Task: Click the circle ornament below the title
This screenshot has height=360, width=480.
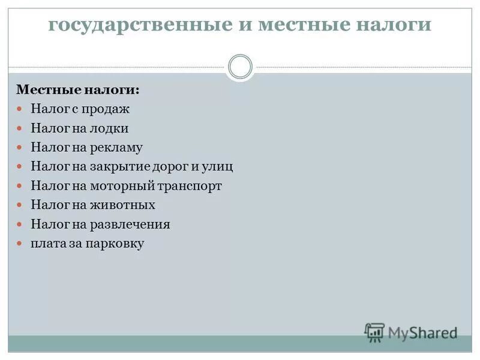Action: point(240,67)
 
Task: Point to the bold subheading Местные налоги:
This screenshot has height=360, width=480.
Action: point(77,90)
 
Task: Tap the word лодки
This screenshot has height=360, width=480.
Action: point(110,128)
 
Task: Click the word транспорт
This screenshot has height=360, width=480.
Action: point(191,186)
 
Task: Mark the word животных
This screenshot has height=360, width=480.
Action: point(125,205)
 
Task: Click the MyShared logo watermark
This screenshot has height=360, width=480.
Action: point(411,332)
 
